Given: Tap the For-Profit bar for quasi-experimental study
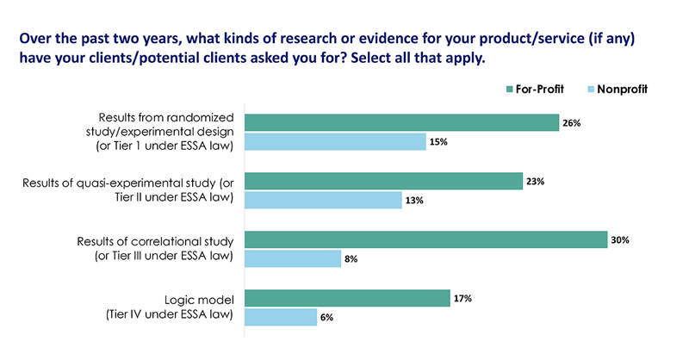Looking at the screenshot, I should click(384, 181).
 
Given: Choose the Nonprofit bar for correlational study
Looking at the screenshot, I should click(293, 259).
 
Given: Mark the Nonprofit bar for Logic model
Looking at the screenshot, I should click(281, 318).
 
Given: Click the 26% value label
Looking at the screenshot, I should click(573, 122).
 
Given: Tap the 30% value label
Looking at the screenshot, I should click(620, 239).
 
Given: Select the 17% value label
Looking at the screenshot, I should click(463, 298).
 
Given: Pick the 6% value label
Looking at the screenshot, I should click(327, 318).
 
